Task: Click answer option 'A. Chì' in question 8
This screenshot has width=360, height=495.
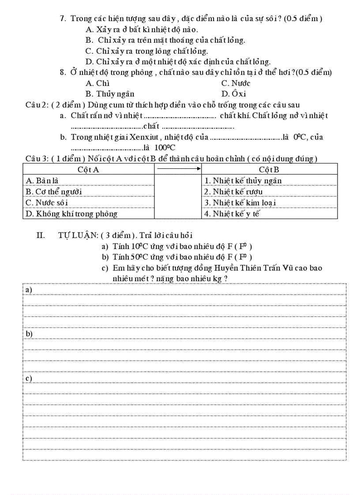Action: click(97, 83)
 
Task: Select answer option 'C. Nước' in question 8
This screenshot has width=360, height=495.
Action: click(236, 83)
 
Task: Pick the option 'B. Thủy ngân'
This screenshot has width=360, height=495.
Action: click(110, 94)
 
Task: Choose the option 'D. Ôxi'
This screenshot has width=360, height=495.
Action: click(233, 94)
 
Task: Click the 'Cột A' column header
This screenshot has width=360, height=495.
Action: click(88, 169)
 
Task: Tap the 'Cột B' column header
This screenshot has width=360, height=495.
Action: click(269, 169)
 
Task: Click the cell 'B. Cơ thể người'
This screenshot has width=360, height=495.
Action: click(53, 191)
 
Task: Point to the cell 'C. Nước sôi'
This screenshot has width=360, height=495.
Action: click(47, 202)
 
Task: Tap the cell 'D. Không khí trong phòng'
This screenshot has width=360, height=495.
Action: click(71, 214)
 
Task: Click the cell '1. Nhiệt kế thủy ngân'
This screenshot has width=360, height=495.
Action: click(243, 180)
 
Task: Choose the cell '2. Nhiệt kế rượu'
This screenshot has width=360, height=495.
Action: click(233, 191)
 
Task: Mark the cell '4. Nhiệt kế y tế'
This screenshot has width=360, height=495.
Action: click(232, 214)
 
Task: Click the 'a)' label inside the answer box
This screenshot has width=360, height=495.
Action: click(29, 290)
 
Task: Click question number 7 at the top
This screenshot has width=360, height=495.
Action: click(63, 19)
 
